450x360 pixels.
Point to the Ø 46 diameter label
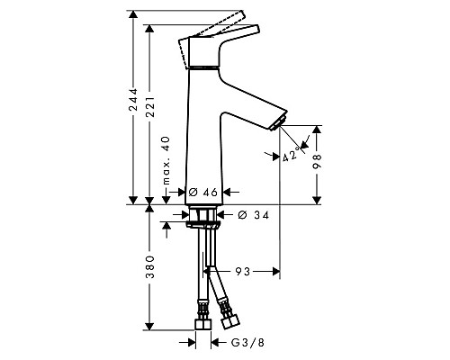pyautogui.click(x=205, y=192)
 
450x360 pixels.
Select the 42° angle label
pyautogui.click(x=290, y=156)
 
